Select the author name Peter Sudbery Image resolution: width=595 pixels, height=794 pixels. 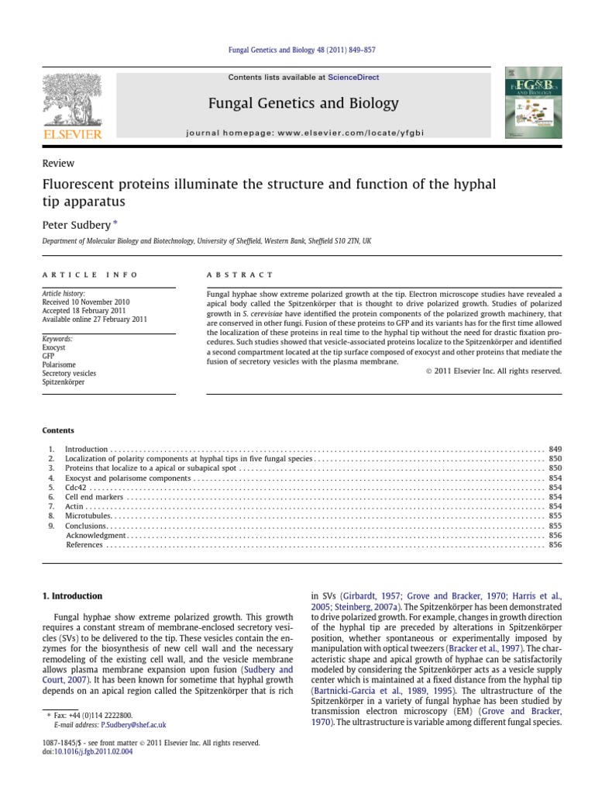point(75,223)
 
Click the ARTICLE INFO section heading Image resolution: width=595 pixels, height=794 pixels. point(90,274)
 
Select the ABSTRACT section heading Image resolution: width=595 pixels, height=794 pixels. point(240,274)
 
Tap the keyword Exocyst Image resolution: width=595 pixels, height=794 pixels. point(53,348)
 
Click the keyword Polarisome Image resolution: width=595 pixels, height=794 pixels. point(58,365)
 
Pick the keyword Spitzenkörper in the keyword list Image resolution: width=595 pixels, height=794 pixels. point(64,382)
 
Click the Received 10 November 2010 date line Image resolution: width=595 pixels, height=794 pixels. point(86,302)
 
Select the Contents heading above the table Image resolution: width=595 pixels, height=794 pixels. point(58,430)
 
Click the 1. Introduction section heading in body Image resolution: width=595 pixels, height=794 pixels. point(71,596)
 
